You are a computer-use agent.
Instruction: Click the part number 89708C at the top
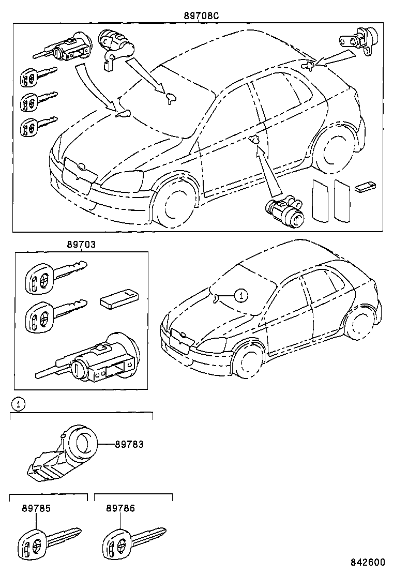[x=201, y=16]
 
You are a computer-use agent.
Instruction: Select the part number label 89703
[x=80, y=245]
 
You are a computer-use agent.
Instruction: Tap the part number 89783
[x=129, y=444]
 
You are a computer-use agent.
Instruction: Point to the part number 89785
[x=36, y=508]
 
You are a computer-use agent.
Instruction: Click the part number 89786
[x=120, y=508]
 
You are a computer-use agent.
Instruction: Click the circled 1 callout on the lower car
[x=240, y=295]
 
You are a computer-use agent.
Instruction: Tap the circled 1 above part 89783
[x=18, y=404]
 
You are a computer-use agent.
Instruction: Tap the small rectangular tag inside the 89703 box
[x=118, y=299]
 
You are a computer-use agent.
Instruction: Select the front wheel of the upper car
[x=175, y=202]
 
